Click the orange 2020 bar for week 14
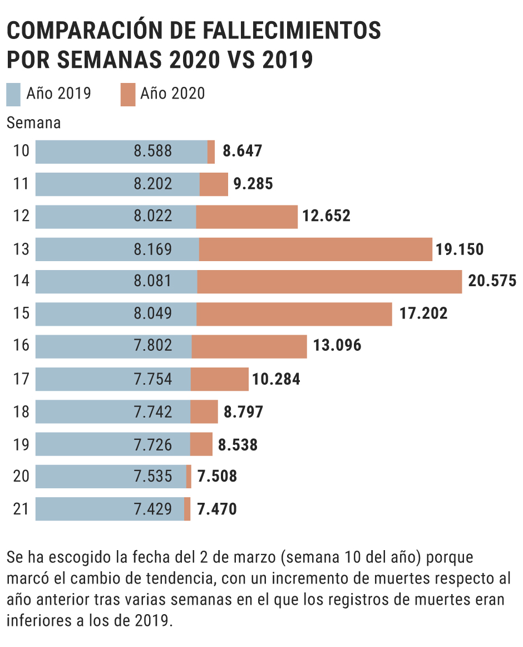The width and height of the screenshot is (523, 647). [329, 281]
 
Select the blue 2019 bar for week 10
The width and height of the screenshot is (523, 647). [121, 151]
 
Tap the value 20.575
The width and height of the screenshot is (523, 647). [492, 281]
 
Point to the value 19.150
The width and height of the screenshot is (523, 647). [460, 249]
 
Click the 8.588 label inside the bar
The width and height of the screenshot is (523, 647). [152, 151]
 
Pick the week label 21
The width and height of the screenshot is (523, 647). [21, 509]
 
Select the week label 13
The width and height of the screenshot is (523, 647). [21, 249]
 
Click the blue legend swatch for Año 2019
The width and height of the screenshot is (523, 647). [13, 95]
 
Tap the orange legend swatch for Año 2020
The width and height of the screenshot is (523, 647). [128, 95]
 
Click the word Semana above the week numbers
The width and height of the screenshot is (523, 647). [33, 122]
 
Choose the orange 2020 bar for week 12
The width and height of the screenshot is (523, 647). [246, 217]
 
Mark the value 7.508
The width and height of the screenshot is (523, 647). [217, 477]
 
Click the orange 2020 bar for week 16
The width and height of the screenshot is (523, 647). [249, 346]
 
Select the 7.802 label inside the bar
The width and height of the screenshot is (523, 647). [152, 346]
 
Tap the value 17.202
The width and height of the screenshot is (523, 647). [423, 313]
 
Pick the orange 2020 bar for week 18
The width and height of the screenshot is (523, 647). [204, 411]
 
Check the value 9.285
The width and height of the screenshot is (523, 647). [253, 184]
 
